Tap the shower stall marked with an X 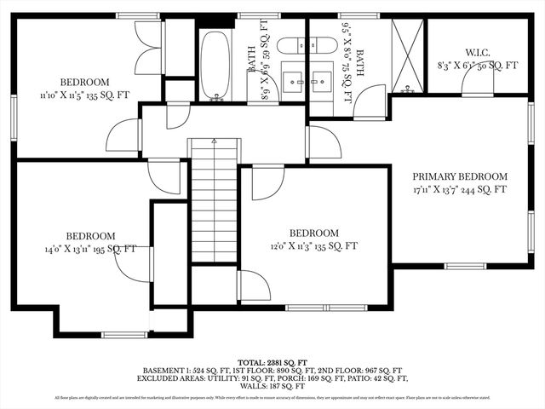tap(407, 55)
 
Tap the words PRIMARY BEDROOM tap(460, 176)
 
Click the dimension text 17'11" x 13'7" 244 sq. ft tap(460, 190)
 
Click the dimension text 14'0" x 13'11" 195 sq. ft tap(91, 250)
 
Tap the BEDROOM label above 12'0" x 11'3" tap(314, 233)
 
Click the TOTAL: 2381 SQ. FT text tap(272, 362)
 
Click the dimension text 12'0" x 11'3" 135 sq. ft tap(313, 246)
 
